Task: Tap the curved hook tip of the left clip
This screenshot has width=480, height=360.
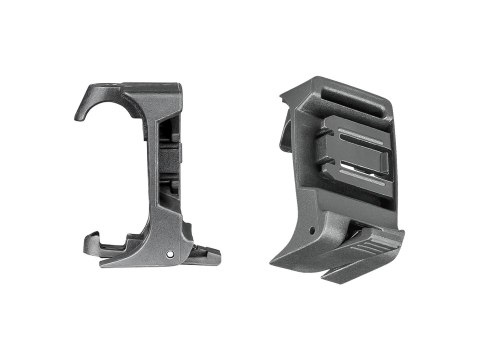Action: point(80,116)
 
